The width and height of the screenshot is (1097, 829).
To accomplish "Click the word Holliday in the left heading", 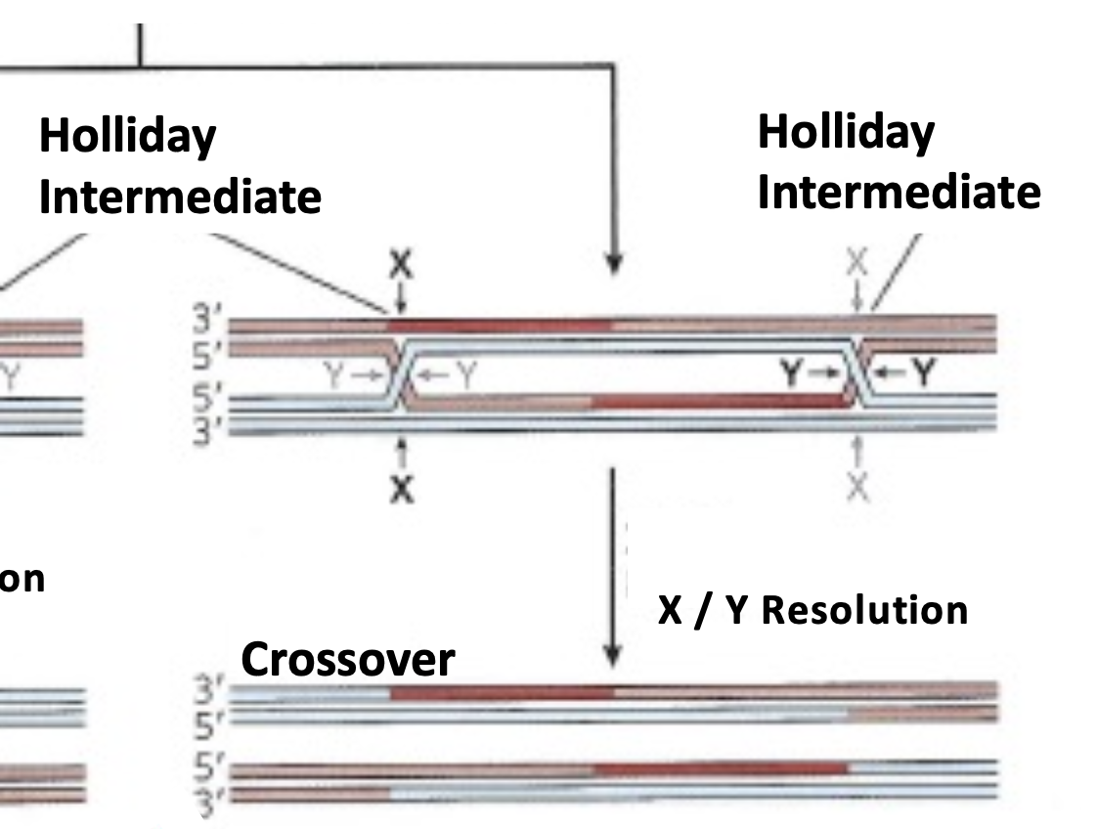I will pos(127,138).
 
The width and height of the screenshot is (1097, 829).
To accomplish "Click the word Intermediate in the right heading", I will pos(899,192).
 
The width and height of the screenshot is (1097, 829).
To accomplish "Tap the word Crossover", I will pos(347,661).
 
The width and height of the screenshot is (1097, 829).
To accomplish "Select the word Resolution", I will pos(864,610).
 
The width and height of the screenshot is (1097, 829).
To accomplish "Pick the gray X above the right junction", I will pos(857,262).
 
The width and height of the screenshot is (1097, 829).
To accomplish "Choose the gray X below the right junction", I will pos(857,486).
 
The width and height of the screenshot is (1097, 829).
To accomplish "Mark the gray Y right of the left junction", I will pos(456,371).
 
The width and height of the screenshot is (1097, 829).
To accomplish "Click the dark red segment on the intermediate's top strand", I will pos(499,325).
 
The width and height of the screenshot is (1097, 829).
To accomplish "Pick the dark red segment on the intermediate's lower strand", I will pos(719,401).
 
